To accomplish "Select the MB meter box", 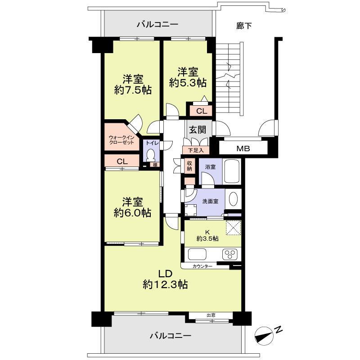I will [243, 148].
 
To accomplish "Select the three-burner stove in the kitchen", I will [230, 254].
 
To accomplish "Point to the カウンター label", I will [202, 266].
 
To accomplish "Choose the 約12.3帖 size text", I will [165, 284].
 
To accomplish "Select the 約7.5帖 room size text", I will [132, 90].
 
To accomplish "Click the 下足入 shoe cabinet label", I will [193, 150].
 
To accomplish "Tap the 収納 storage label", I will [189, 166].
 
